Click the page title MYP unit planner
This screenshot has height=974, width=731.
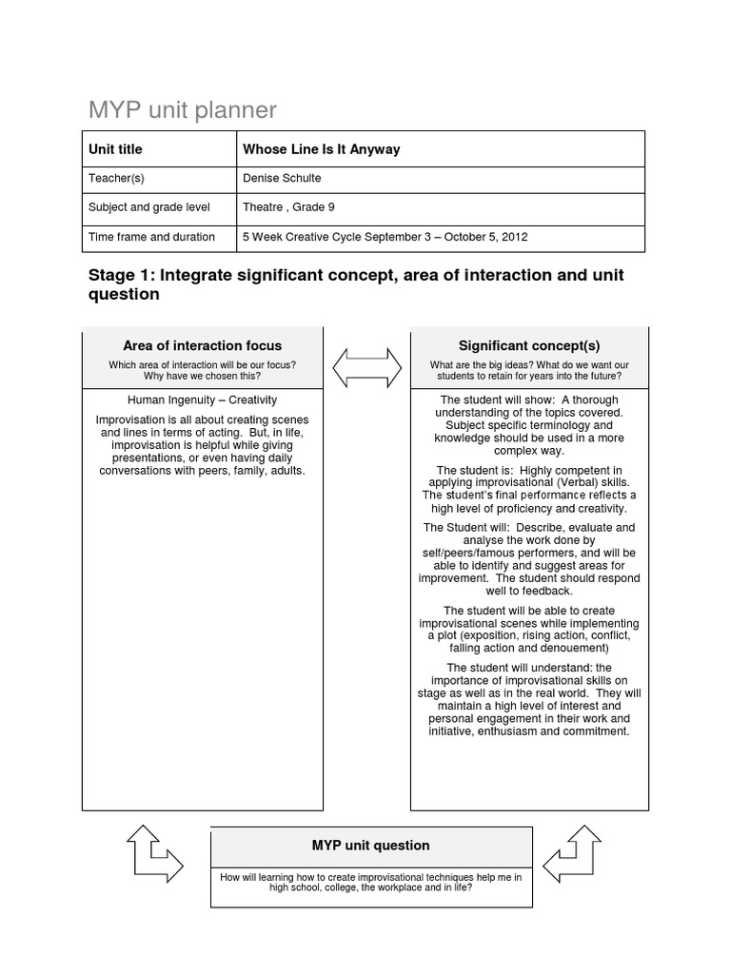183,110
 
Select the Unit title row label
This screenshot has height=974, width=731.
115,149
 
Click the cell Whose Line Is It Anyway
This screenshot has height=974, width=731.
322,149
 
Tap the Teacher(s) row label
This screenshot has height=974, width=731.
116,178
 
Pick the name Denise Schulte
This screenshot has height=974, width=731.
283,178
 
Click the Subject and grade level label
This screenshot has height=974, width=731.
149,206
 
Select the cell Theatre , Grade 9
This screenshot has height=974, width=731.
289,206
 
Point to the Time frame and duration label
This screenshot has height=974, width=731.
151,237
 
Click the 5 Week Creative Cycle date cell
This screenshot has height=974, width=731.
385,237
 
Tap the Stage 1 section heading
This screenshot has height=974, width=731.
356,284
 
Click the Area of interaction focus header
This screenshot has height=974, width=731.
202,345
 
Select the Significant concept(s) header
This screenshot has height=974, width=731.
529,345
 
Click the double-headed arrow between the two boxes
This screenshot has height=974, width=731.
366,366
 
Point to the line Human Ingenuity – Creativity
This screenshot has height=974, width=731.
202,400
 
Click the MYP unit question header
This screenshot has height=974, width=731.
370,845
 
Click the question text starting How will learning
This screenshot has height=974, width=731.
370,882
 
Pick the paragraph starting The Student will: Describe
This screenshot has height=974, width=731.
529,558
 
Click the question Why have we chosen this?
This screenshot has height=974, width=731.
202,377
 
